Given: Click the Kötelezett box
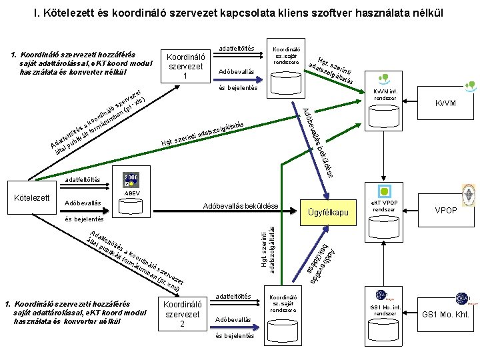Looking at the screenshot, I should [32, 199].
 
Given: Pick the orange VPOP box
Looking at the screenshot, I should [445, 210].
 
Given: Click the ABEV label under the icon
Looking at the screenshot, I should [131, 193].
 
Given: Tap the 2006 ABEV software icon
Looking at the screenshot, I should [131, 181].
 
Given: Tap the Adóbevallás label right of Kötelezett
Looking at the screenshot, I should [83, 203].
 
